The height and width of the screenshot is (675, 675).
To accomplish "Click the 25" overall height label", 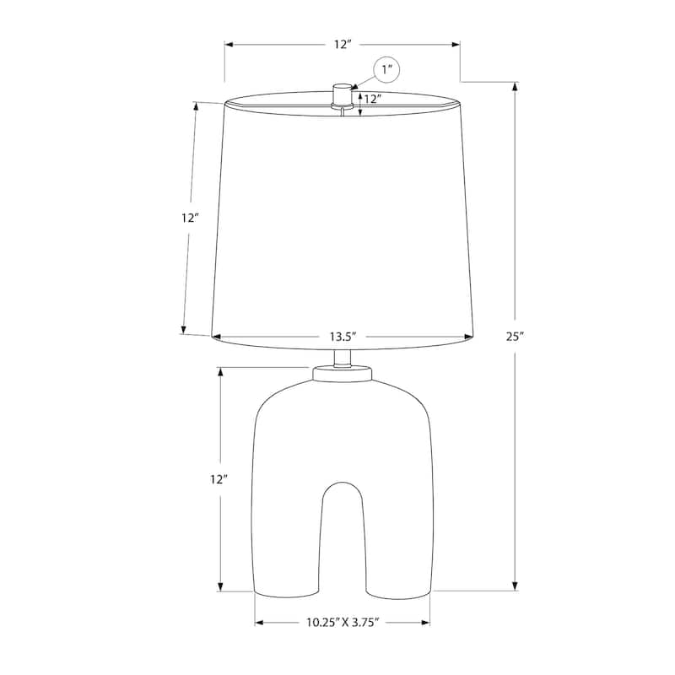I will coord(515,336).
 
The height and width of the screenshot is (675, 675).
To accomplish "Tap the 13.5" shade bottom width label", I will coord(342,337).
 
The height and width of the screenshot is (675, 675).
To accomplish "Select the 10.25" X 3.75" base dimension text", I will coord(342,624).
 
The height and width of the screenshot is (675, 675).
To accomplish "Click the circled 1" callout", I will coord(387,70).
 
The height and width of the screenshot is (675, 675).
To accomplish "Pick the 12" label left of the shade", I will coord(189,218).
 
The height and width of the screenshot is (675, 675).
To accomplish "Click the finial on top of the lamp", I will coord(342,93).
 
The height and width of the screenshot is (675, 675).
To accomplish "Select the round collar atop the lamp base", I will coord(342,372).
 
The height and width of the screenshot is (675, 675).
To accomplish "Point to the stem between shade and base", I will coord(342,356).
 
